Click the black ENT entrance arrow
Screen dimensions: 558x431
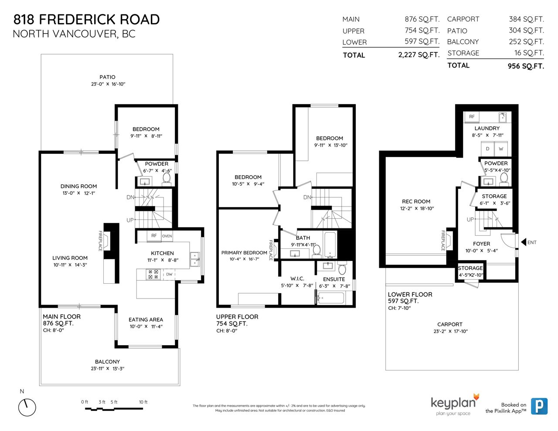523,242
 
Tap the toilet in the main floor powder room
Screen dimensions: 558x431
167,179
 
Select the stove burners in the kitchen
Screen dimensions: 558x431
153,274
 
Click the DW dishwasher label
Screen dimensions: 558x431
169,274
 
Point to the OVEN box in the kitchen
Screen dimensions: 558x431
167,236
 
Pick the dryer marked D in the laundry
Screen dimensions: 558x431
487,149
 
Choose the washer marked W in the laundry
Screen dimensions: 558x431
501,149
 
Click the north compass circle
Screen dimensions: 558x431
27,407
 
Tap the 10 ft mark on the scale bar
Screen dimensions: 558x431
143,402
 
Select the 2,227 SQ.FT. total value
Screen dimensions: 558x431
419,54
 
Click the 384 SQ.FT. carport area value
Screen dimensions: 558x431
527,19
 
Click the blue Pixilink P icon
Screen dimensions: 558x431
539,406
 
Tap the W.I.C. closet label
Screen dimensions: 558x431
297,278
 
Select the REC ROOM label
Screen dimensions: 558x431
416,201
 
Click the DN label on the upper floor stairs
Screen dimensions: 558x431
307,197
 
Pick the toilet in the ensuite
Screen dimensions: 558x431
342,268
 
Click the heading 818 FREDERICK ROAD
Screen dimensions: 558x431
87,20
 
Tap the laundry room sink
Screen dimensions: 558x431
503,118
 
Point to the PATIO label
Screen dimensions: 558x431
107,77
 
